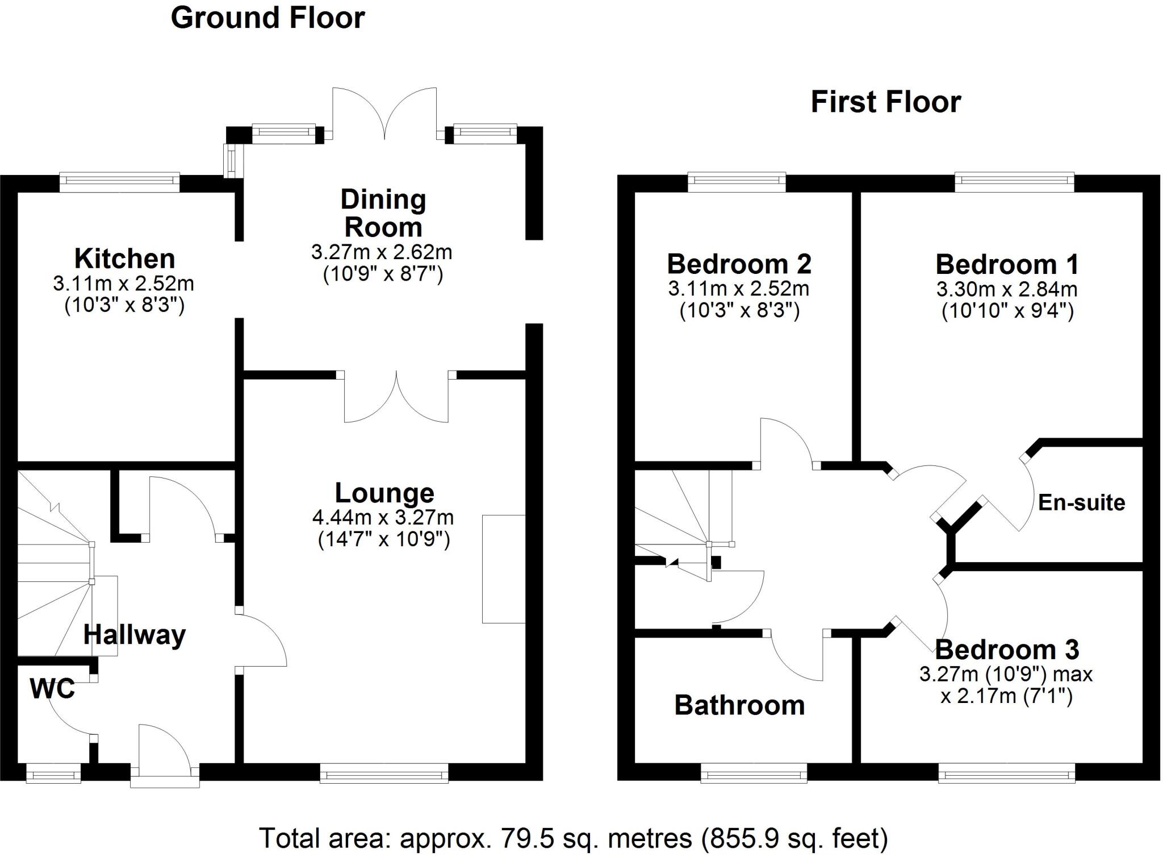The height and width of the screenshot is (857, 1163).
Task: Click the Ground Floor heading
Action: pos(267,18)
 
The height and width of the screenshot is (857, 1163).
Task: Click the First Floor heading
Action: pos(885,102)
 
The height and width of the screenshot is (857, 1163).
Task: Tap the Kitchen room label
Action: pos(124,259)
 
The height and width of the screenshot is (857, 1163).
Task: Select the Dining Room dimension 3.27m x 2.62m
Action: pos(382,252)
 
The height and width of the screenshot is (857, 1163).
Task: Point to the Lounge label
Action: pos(384,493)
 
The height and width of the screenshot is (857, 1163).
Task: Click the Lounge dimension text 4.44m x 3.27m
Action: pos(383,517)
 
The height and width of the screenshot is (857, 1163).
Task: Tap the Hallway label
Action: pos(135,634)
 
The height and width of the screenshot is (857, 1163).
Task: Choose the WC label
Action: pos(52,689)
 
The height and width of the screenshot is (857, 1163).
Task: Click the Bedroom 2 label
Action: pos(739,264)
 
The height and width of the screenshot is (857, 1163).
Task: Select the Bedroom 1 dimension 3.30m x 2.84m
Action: pos(1007,289)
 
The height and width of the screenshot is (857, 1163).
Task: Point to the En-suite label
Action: pos(1081,502)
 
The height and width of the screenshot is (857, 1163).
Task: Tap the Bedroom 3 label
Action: pos(1007,650)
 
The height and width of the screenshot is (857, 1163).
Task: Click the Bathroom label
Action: pos(739,705)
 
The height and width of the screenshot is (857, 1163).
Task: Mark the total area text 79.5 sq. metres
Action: pos(571,838)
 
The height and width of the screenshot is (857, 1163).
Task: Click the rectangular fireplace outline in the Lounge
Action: pos(503,569)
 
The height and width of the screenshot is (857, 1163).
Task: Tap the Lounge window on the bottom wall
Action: pos(384,773)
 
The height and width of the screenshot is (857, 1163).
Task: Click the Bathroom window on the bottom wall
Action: pos(754,773)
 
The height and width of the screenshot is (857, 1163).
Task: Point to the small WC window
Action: pos(53,773)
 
